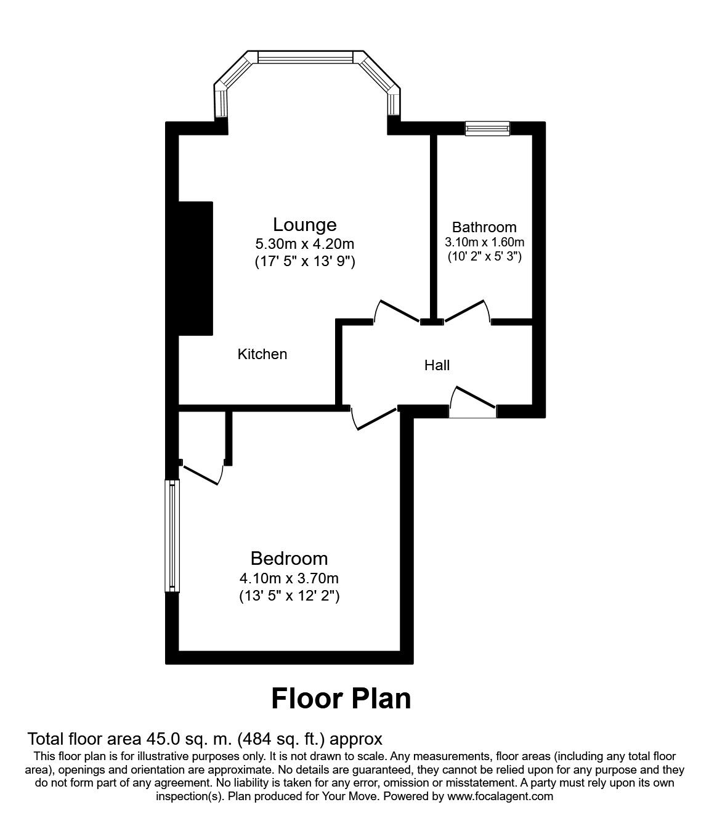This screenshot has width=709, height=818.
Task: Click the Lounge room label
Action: pos(305,224)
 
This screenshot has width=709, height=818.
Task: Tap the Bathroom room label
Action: pos(484,227)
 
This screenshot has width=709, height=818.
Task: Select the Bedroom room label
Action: pos(289,559)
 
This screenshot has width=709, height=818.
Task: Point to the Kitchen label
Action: pos(262,354)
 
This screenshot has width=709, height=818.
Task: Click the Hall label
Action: pos(437,365)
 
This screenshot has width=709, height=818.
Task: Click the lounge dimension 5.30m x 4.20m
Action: pos(305,244)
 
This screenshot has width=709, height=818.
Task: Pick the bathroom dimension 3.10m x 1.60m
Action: pos(484,242)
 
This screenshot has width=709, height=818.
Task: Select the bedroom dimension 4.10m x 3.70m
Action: pos(289,578)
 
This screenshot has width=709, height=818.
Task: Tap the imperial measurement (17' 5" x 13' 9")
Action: pos(305,262)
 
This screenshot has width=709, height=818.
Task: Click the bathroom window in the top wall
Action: pos(487,128)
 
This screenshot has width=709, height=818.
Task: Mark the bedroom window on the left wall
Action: pos(172,535)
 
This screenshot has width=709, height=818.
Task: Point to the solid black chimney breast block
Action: pos(195,268)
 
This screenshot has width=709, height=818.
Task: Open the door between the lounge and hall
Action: pos(397,311)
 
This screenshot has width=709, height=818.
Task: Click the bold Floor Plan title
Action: pos(341,699)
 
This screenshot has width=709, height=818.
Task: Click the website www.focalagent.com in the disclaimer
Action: pos(500,796)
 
